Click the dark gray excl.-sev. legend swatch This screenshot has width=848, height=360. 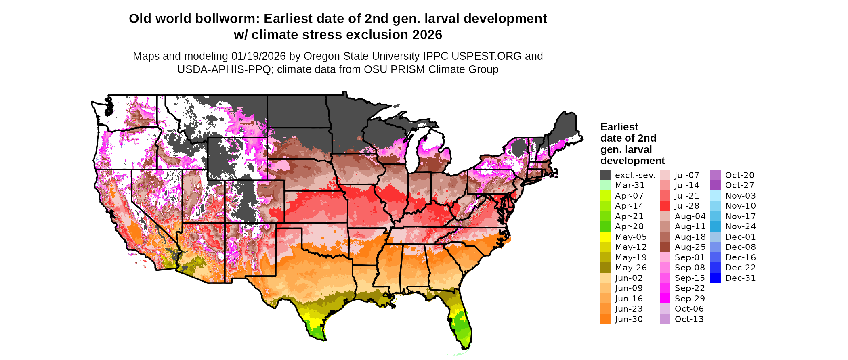coord(605,175)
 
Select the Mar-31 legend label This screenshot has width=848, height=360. coord(630,185)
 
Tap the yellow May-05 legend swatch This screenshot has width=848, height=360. coord(605,237)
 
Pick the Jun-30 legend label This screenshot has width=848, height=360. coord(629,319)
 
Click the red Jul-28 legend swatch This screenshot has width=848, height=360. coord(665,206)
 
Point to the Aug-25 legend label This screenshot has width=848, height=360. coord(690,247)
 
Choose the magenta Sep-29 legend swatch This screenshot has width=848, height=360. coord(665,299)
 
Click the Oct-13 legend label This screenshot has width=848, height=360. coord(689,319)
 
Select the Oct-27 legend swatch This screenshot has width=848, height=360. coord(715,185)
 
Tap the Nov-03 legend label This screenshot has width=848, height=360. coord(741,196)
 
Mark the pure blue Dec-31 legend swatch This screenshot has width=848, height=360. coord(715,278)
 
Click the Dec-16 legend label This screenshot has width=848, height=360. coord(740,257)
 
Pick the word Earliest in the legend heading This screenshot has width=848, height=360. coord(619,127)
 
